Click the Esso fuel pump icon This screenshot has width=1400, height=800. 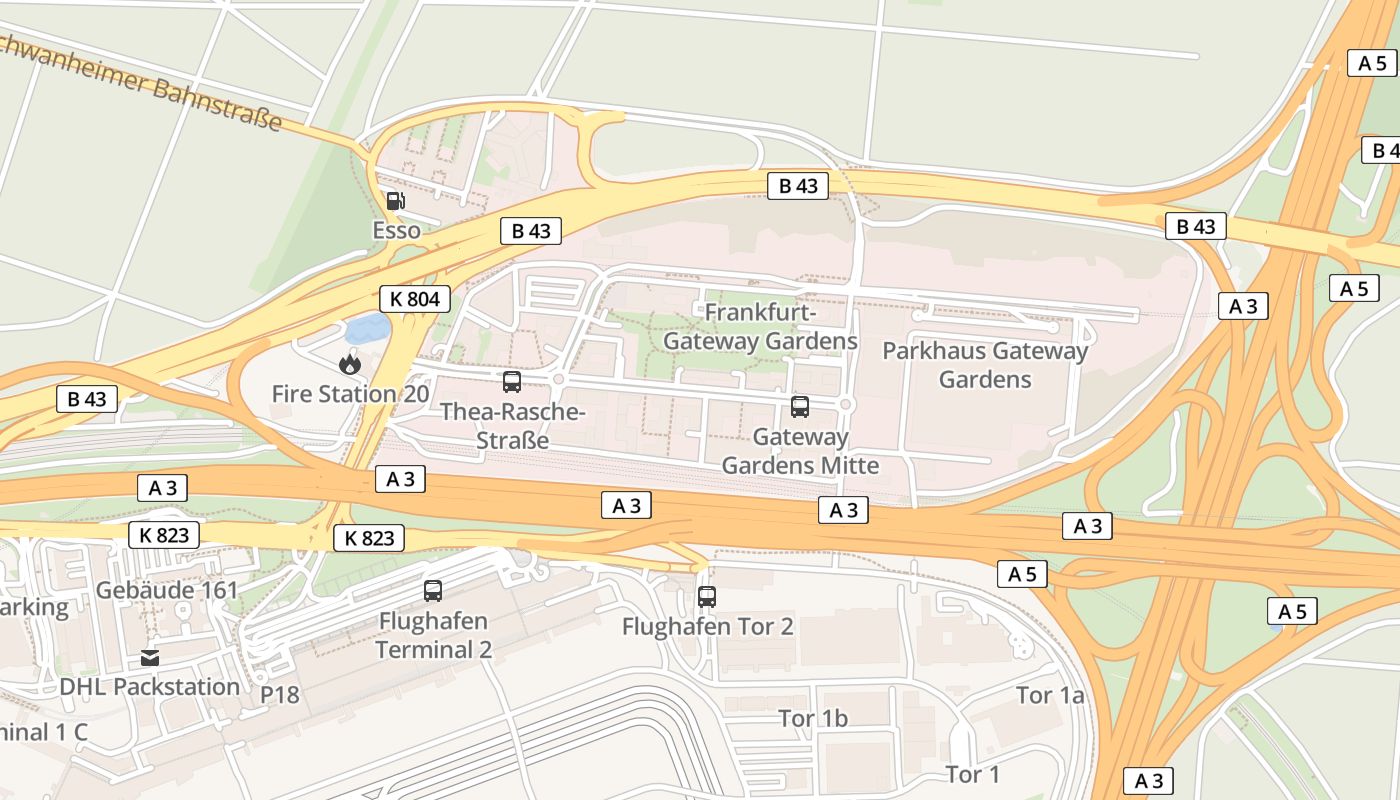coord(395,201)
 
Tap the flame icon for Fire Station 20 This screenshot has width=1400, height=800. coord(349,363)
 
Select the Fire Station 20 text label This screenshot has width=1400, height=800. coord(350,394)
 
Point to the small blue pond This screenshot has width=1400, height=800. coord(367,328)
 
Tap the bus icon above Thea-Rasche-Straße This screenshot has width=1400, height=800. coord(512,381)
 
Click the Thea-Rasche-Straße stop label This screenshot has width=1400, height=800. coord(512,426)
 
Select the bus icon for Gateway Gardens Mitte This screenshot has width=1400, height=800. coord(800,406)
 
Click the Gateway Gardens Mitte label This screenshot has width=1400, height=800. coord(800,451)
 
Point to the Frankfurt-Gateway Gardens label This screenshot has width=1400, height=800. coord(760,327)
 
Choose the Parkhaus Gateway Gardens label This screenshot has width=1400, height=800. coord(984,365)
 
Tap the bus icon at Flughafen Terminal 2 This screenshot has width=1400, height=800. coord(433,591)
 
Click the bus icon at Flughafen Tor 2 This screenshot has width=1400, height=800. coord(707,597)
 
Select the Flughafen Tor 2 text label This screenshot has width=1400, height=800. coord(707,627)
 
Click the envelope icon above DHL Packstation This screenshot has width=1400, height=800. coord(150,657)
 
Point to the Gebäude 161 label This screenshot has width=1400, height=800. coord(167,590)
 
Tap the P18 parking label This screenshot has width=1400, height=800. coord(280,694)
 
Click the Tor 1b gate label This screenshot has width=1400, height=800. coord(813,718)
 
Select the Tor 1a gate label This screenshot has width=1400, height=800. coord(1050,695)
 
